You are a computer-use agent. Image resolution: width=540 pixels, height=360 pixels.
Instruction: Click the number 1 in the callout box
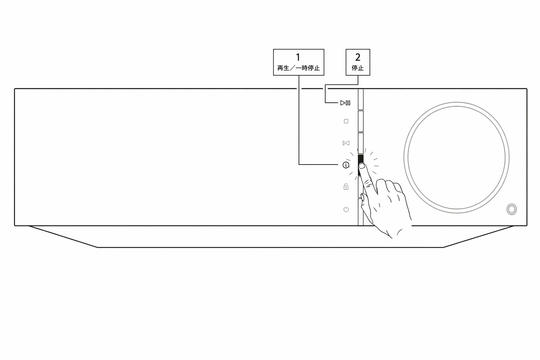[x=298, y=57]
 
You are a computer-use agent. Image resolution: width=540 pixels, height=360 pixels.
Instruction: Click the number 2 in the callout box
[x=358, y=57]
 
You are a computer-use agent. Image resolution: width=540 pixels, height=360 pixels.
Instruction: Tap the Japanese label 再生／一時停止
[x=298, y=68]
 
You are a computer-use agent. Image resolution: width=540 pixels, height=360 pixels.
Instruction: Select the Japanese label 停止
[x=358, y=68]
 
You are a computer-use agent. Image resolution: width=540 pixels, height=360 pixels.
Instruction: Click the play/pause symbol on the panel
[x=345, y=103]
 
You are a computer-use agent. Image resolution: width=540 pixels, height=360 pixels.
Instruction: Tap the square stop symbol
[x=346, y=121]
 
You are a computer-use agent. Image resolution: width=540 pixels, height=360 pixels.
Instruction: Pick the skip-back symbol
[x=346, y=143]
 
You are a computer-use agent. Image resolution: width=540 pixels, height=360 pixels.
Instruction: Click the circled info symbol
[x=346, y=165]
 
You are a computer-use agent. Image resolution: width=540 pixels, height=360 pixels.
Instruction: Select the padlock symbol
[x=346, y=187]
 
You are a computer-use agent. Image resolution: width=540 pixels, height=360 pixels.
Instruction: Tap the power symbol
[x=346, y=209]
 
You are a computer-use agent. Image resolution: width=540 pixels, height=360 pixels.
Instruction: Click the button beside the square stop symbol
[x=360, y=121]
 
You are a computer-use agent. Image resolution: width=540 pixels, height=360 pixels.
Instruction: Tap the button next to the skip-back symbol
[x=360, y=143]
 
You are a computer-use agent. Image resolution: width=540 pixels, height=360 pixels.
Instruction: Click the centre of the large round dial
[x=456, y=157]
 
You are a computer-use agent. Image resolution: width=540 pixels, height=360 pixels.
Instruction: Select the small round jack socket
[x=512, y=209]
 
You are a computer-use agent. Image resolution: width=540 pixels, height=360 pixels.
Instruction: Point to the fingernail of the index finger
[x=362, y=166]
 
